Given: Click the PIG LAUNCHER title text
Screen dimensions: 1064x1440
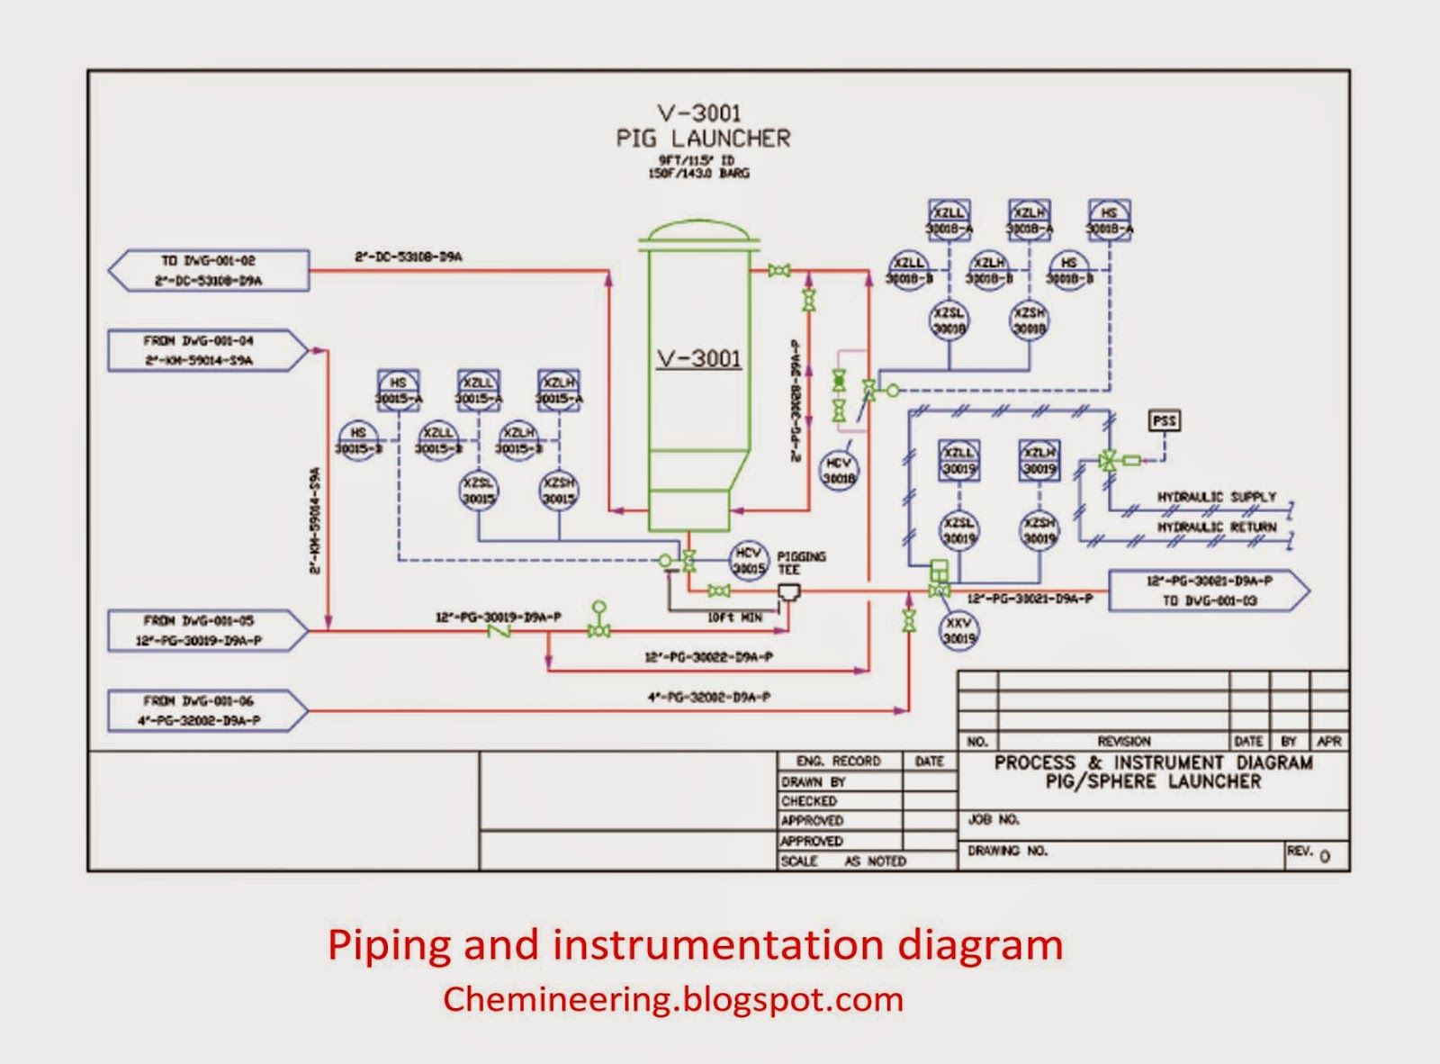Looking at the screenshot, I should (703, 138).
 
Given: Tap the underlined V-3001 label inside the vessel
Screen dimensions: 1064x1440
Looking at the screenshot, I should (698, 358).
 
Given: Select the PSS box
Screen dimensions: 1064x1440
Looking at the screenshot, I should (1165, 420).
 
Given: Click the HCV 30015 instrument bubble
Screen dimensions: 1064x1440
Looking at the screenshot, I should (748, 560).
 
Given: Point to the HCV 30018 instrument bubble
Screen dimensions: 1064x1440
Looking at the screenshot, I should (839, 471).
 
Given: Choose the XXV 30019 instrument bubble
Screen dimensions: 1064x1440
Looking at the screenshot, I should (959, 630).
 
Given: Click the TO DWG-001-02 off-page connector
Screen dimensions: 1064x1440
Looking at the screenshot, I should (209, 270).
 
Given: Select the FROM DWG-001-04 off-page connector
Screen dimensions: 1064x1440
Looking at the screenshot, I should (209, 351).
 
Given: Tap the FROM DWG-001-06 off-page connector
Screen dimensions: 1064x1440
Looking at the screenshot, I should (209, 710).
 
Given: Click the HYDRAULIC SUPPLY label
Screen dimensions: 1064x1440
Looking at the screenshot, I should (1216, 497).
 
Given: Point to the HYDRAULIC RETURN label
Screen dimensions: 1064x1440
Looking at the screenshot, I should (1216, 527).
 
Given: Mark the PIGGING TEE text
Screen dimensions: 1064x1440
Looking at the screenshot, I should (800, 563).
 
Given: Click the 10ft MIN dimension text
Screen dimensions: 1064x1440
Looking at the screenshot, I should (734, 618).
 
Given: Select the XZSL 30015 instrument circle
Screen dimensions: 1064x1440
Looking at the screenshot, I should (480, 491).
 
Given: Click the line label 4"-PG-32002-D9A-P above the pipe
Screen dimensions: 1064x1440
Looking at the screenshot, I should (708, 697).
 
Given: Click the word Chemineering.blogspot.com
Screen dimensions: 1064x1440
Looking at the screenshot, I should (672, 999).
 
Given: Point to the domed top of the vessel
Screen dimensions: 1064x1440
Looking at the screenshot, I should (698, 230).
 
